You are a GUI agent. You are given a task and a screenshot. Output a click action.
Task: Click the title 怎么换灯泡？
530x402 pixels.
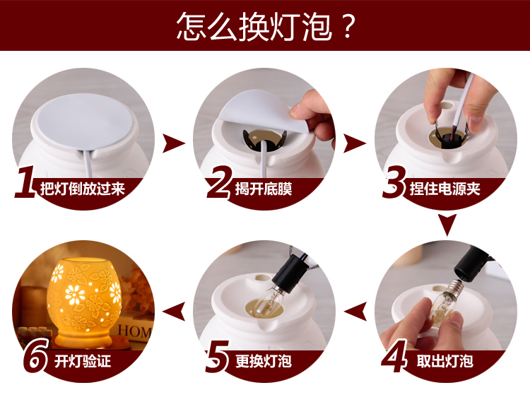click(266, 26)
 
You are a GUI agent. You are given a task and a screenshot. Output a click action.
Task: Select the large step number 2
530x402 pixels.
click(219, 182)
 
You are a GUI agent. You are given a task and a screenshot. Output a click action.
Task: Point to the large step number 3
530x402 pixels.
click(394, 182)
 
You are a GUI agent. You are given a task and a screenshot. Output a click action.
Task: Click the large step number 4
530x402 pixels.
click(394, 356)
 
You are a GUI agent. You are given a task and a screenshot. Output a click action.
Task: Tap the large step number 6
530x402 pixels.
click(36, 355)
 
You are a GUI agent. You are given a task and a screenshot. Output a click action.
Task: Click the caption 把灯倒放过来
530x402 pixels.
click(83, 189)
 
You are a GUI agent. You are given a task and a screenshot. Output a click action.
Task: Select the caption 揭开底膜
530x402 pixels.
click(264, 189)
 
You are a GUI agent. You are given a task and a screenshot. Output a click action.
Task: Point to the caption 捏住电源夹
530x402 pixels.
click(444, 189)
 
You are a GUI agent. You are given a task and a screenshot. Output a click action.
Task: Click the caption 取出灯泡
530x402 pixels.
click(444, 361)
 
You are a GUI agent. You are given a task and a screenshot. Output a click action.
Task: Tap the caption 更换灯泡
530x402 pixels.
click(264, 361)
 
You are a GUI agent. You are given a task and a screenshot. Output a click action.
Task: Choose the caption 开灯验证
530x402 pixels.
click(83, 361)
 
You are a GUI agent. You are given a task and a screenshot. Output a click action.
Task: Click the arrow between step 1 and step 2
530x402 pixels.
click(173, 143)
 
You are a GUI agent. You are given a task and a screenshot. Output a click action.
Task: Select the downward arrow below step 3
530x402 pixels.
click(447, 224)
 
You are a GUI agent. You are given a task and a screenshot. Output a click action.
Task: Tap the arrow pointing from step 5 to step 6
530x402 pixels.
click(175, 311)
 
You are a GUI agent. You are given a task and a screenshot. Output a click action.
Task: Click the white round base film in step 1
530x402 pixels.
click(85, 121)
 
